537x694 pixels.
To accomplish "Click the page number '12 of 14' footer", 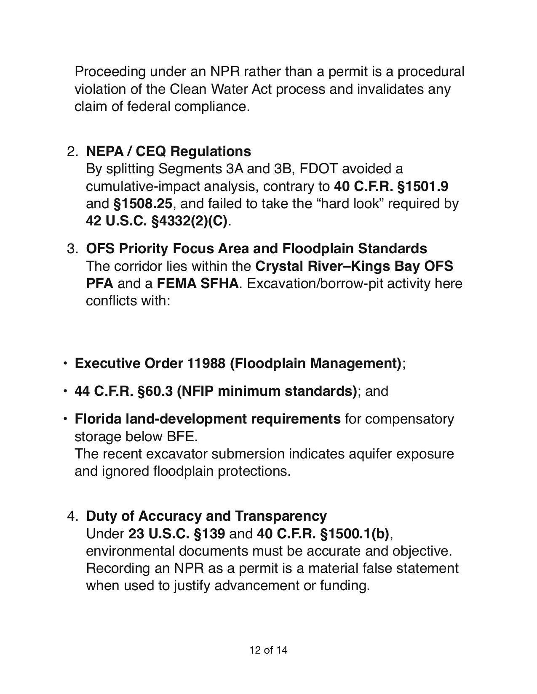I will click(x=268, y=650).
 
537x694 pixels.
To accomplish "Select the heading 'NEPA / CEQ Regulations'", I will click(x=168, y=151).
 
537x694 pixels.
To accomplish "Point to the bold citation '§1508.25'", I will click(x=143, y=204).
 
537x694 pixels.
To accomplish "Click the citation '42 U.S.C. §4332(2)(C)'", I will click(x=157, y=221).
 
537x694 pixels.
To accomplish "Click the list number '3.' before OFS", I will click(x=72, y=249).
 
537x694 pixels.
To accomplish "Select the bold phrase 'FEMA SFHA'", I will click(x=198, y=283).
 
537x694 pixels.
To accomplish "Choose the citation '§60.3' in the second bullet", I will click(x=155, y=391).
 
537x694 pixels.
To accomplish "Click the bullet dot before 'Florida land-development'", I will click(x=65, y=419).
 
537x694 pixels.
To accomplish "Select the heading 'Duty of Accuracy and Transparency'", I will click(x=206, y=516).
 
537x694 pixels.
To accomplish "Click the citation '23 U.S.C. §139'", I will click(x=176, y=534).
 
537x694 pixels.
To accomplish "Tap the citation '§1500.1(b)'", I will click(x=354, y=534).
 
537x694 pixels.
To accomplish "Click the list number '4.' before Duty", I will click(x=72, y=516).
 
